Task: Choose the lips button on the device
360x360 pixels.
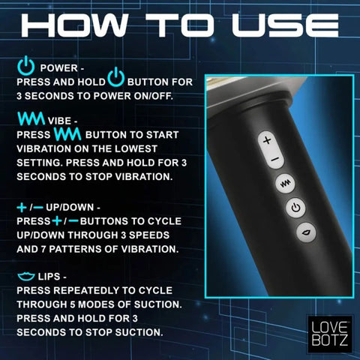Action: (303, 233)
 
